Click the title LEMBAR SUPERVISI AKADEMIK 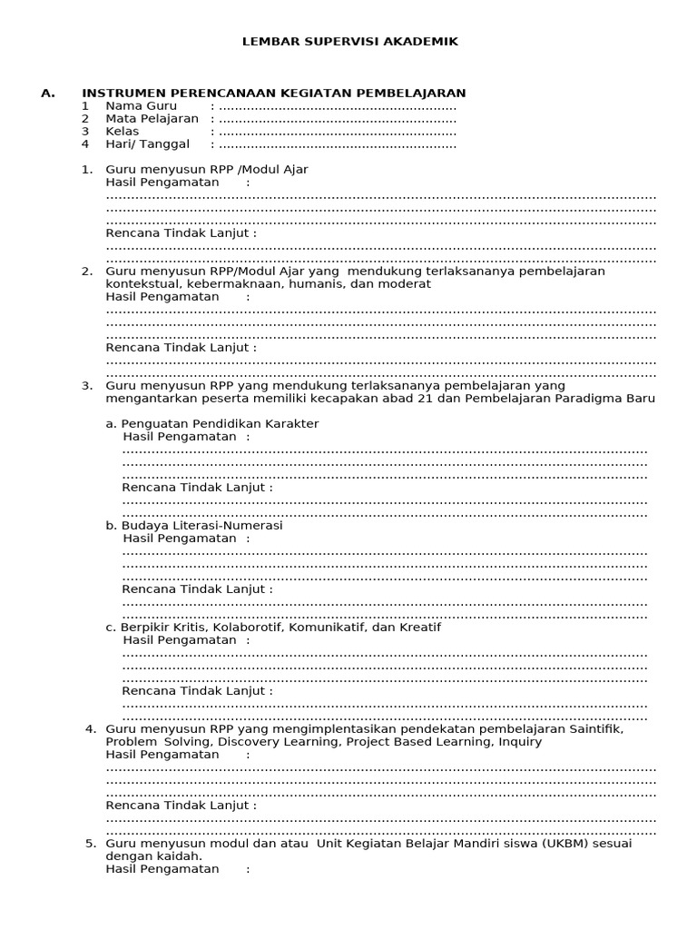click(349, 42)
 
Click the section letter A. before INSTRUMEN click(48, 93)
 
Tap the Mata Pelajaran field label click(152, 119)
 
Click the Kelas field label click(123, 132)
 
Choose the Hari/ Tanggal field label click(148, 144)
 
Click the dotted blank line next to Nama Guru click(338, 107)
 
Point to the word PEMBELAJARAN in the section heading click(417, 93)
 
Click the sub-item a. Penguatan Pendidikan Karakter click(212, 424)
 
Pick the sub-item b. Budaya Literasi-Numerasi click(194, 526)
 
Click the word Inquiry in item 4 click(519, 742)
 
